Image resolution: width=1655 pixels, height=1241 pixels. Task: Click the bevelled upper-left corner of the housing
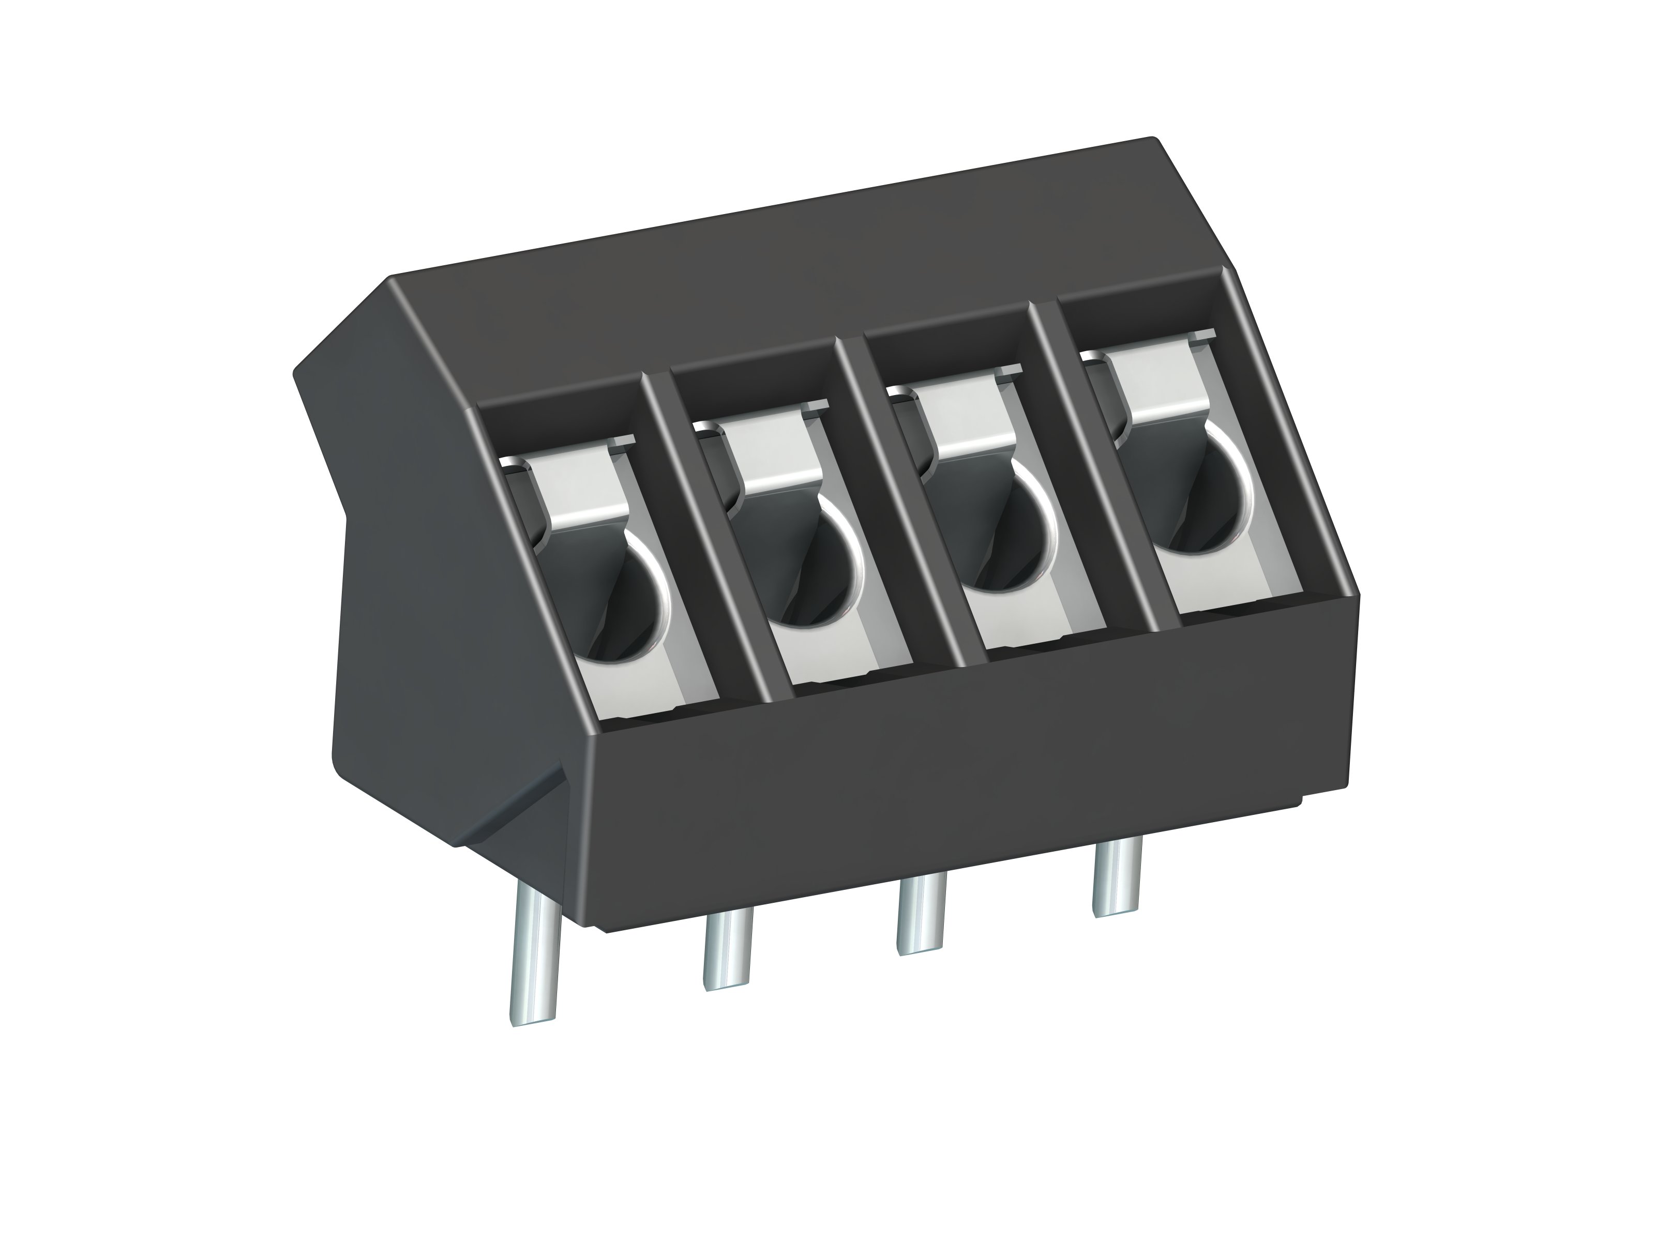[337, 329]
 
